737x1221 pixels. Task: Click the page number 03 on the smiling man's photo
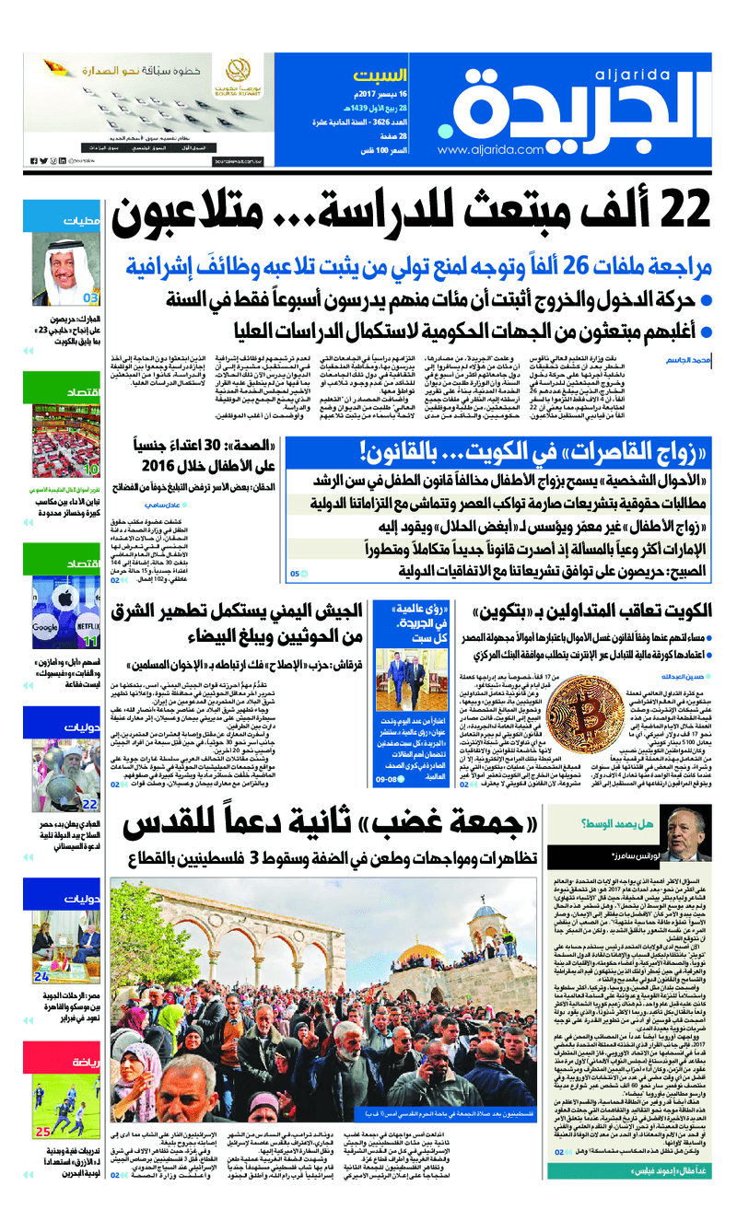(90, 297)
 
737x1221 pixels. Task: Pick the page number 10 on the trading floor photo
(90, 470)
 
